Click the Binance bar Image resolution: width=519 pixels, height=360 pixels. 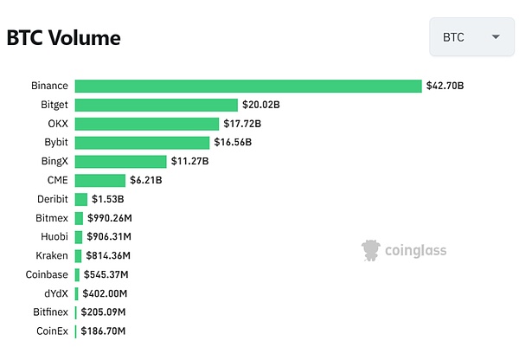pos(248,86)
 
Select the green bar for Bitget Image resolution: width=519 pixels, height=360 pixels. pos(156,105)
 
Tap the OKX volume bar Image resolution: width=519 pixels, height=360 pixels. pos(146,124)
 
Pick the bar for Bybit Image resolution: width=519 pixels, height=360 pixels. pos(142,142)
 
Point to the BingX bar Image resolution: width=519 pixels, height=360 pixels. pos(120,161)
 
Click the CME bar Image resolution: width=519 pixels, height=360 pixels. pos(99,180)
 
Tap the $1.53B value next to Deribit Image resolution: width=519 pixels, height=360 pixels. pos(109,199)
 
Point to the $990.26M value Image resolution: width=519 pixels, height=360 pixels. pos(112,218)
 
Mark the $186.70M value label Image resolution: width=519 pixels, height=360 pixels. pos(103,331)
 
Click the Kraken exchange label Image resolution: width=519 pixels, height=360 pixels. pos(53,255)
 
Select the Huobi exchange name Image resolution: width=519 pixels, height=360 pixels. pos(54,236)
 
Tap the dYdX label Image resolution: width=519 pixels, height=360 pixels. pos(55,293)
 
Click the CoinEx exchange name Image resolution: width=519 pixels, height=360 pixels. pos(52,331)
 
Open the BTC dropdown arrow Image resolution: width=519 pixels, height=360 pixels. pos(496,37)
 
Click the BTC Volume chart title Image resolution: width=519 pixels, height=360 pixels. pos(63,38)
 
